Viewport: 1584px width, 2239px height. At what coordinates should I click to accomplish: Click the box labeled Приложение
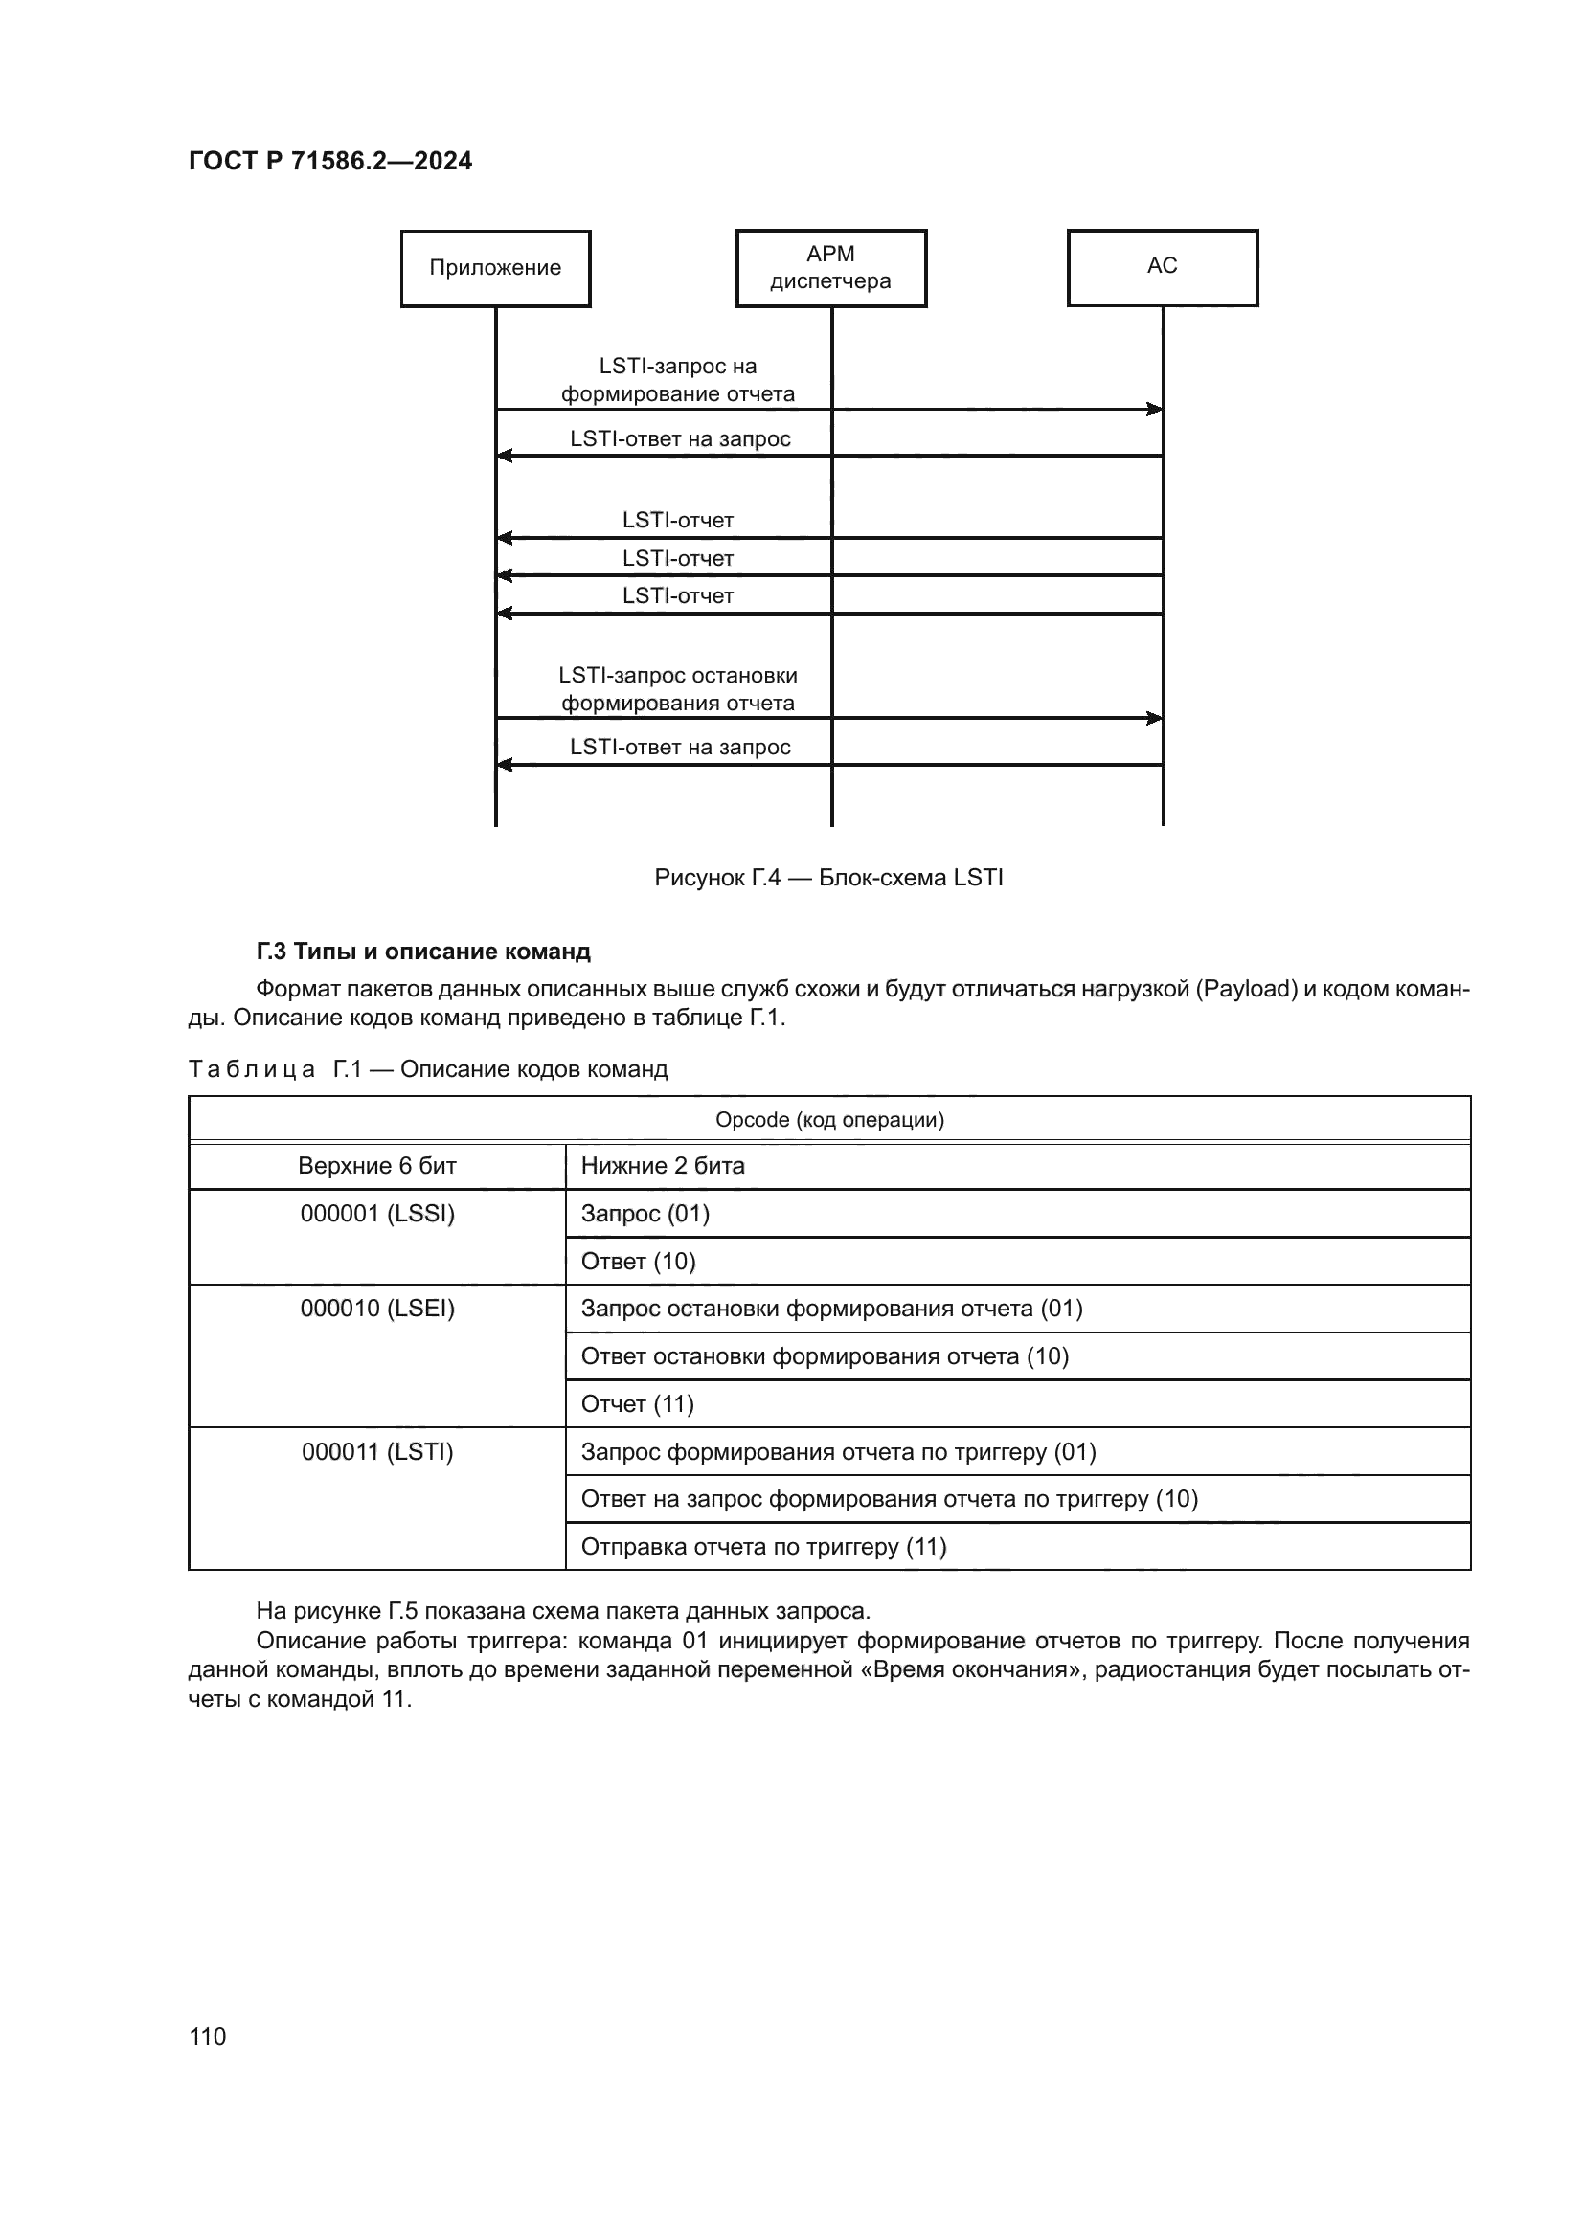pyautogui.click(x=495, y=268)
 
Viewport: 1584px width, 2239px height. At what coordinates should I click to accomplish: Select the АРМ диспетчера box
pyautogui.click(x=831, y=268)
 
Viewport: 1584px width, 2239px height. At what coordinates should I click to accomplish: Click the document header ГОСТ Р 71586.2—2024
pyautogui.click(x=329, y=161)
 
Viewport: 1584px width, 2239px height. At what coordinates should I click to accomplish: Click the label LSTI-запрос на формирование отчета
pyautogui.click(x=678, y=380)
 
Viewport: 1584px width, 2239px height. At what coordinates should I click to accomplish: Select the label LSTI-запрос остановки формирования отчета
pyautogui.click(x=678, y=689)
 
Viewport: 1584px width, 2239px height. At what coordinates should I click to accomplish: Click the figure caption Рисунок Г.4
pyautogui.click(x=828, y=878)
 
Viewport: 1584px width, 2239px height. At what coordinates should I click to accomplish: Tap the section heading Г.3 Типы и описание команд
pyautogui.click(x=423, y=951)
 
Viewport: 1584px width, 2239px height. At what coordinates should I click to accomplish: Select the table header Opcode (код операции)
pyautogui.click(x=829, y=1120)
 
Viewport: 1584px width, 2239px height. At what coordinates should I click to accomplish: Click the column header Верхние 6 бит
pyautogui.click(x=376, y=1166)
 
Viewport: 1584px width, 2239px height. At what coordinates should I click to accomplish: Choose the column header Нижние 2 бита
pyautogui.click(x=663, y=1166)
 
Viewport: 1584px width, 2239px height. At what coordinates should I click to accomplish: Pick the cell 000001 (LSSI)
pyautogui.click(x=376, y=1214)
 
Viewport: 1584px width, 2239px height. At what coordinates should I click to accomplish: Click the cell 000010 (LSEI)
pyautogui.click(x=376, y=1309)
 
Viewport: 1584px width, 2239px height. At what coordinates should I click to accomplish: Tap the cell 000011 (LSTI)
pyautogui.click(x=376, y=1452)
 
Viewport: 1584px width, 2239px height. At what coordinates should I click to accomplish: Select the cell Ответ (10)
pyautogui.click(x=638, y=1262)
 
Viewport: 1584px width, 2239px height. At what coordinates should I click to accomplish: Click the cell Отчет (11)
pyautogui.click(x=637, y=1404)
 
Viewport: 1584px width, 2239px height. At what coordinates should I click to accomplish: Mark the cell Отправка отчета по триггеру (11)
pyautogui.click(x=763, y=1547)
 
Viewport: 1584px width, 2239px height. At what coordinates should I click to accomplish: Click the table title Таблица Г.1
pyautogui.click(x=427, y=1070)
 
